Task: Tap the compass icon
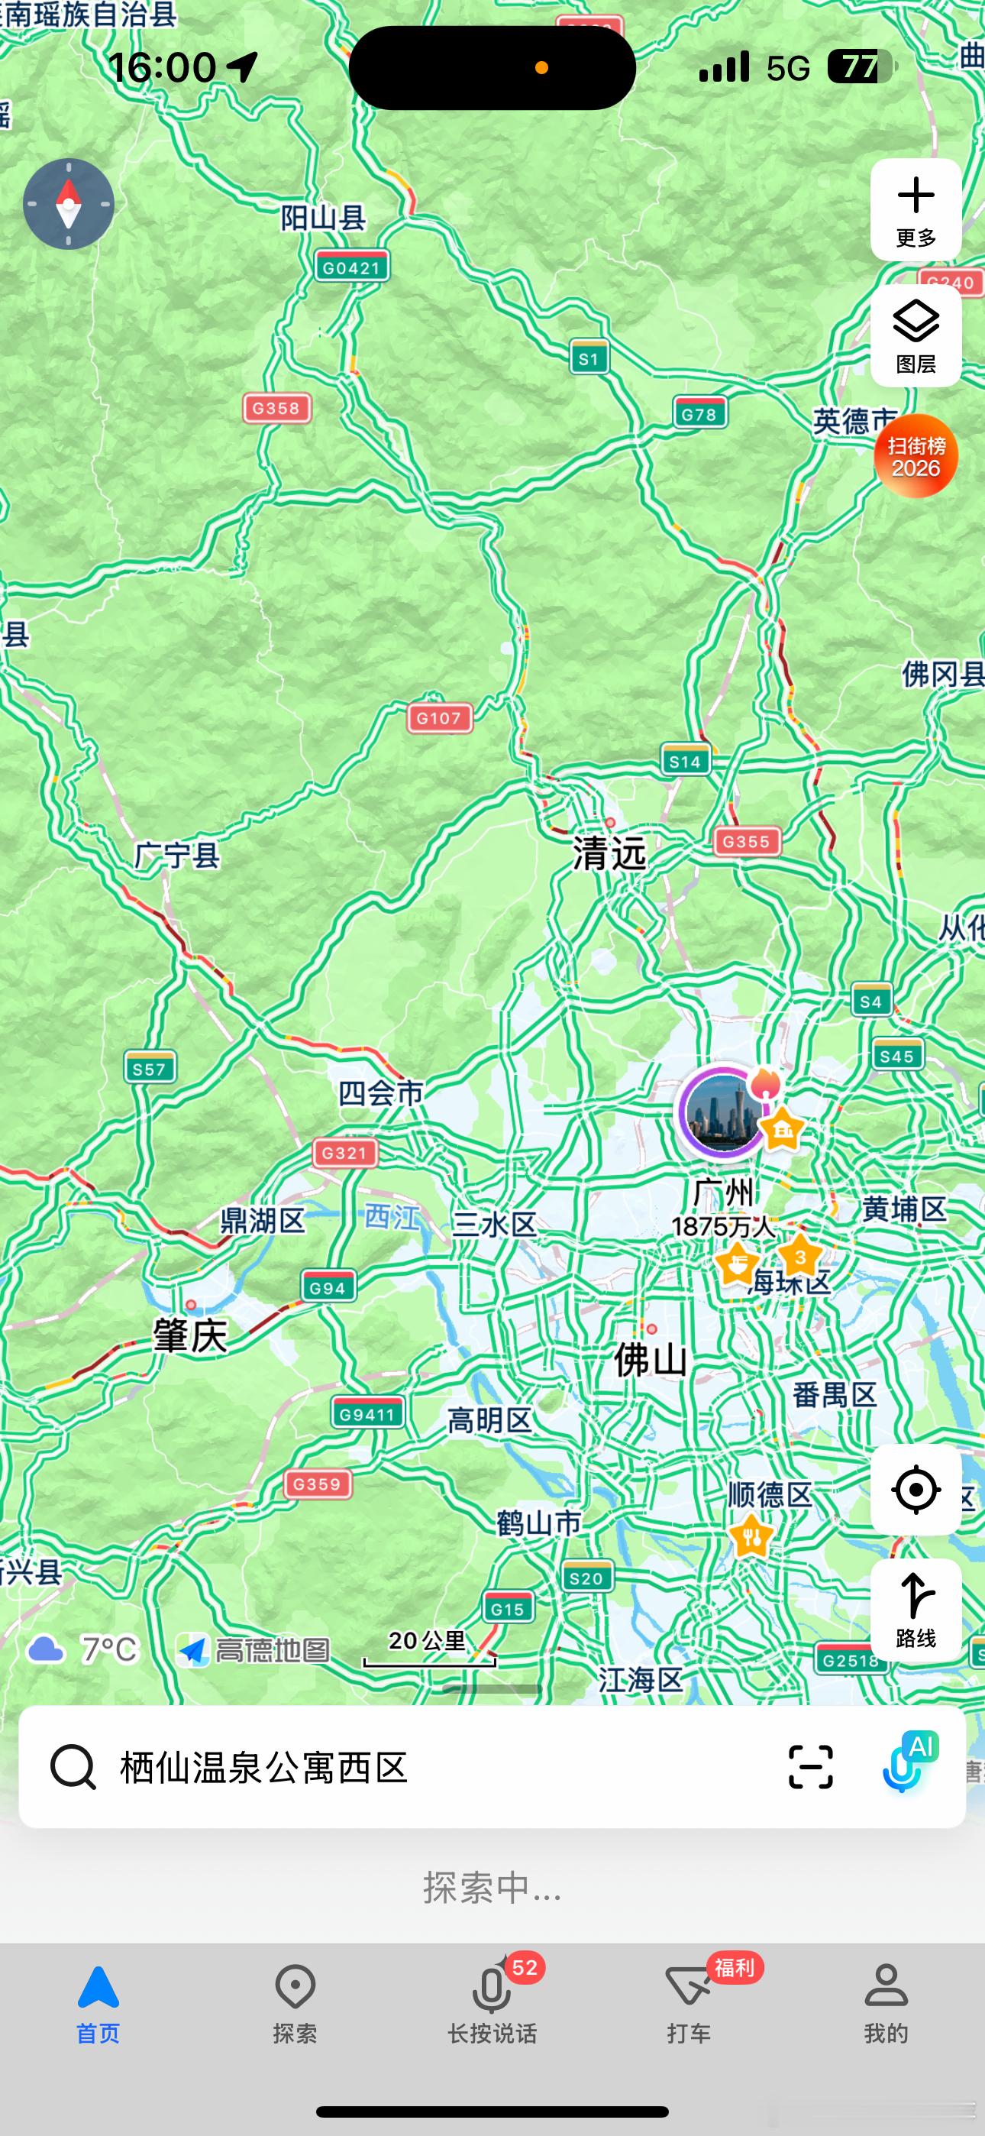pyautogui.click(x=68, y=204)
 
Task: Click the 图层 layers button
pyautogui.click(x=916, y=335)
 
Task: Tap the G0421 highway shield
pyautogui.click(x=351, y=267)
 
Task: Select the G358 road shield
pyautogui.click(x=276, y=408)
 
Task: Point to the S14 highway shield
pyautogui.click(x=685, y=760)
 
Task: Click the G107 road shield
pyautogui.click(x=438, y=718)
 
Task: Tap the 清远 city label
pyautogui.click(x=609, y=853)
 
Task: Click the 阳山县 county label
pyautogui.click(x=323, y=218)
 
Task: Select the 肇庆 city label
pyautogui.click(x=190, y=1336)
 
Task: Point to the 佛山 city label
pyautogui.click(x=650, y=1360)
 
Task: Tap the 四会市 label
pyautogui.click(x=380, y=1093)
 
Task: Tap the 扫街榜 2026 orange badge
pyautogui.click(x=916, y=456)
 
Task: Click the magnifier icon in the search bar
pyautogui.click(x=73, y=1767)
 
